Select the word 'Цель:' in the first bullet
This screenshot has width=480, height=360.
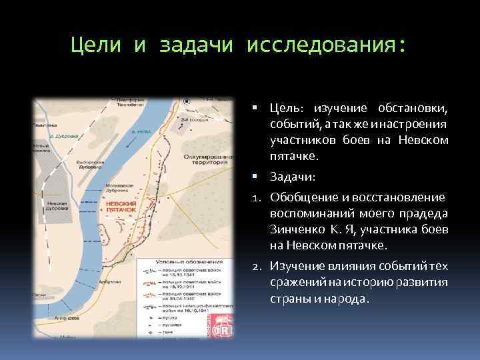287,109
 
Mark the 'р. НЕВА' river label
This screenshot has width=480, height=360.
142,133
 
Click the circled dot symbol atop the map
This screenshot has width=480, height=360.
187,101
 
